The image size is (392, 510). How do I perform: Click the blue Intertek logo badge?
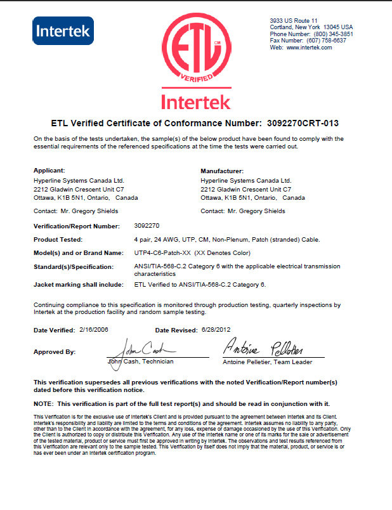63,30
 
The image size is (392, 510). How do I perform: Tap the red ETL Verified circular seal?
195,51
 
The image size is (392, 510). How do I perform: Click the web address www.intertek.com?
309,48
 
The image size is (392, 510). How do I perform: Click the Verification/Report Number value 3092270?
147,225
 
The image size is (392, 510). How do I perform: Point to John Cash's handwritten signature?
142,350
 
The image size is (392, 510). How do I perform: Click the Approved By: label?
54,351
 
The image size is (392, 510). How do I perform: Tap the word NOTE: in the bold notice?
43,403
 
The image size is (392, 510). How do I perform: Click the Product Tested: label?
58,239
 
